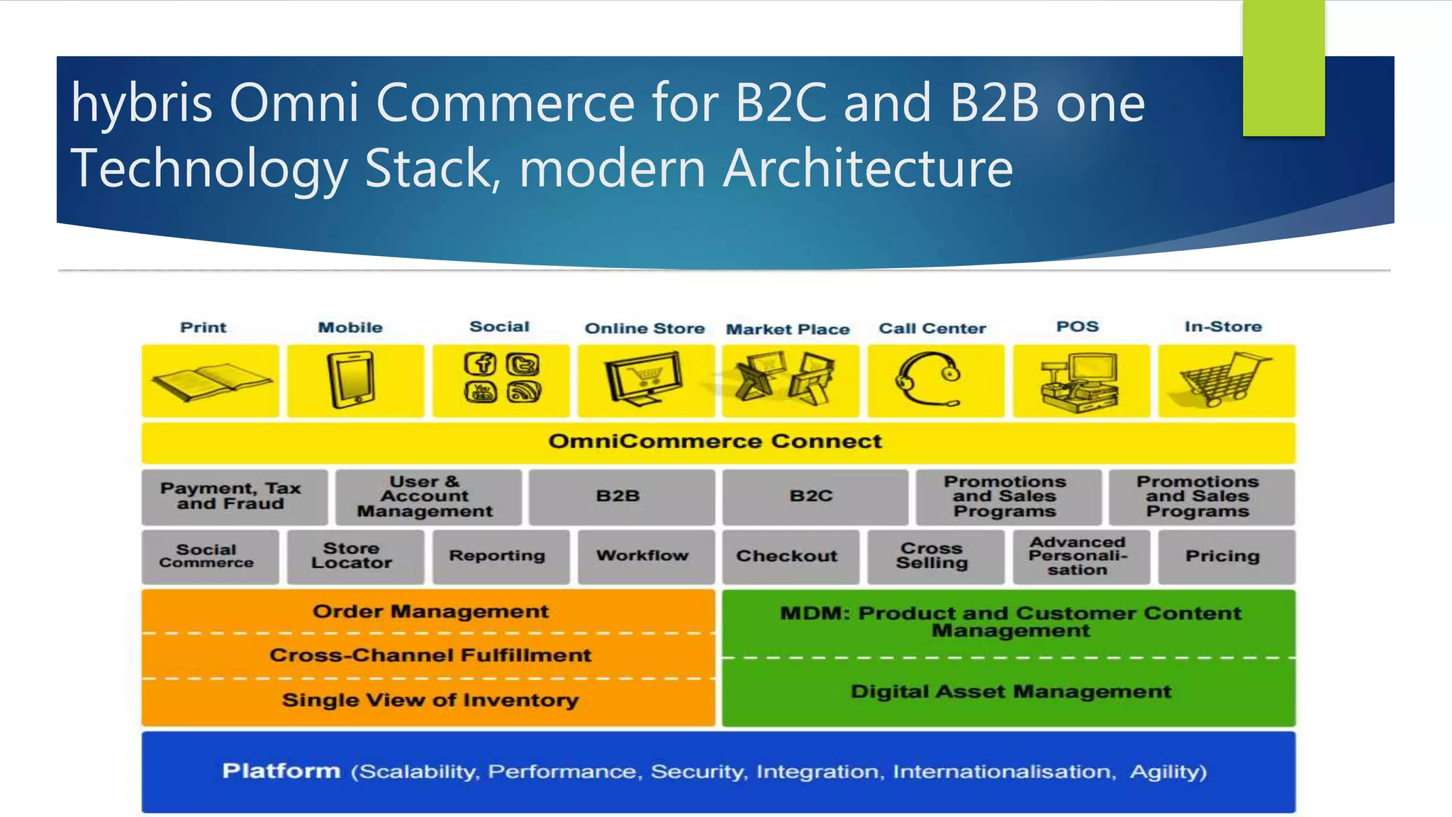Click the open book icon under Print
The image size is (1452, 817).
click(x=210, y=382)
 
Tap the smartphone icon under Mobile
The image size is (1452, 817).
click(x=352, y=382)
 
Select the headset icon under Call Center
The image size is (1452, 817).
click(x=929, y=381)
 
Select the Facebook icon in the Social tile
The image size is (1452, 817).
click(x=480, y=364)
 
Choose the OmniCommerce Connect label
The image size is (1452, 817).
click(x=715, y=442)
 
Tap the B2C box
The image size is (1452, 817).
click(x=812, y=496)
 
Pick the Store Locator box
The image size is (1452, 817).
click(x=352, y=556)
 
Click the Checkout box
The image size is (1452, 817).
click(x=787, y=557)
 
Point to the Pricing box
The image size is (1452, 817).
click(x=1222, y=557)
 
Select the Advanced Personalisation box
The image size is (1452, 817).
click(x=1078, y=557)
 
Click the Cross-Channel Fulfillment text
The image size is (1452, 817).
click(x=430, y=655)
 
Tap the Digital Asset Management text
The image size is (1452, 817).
click(x=1011, y=692)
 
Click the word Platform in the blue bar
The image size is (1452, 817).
click(x=281, y=771)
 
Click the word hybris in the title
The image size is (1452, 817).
click(x=142, y=104)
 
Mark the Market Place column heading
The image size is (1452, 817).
click(x=788, y=330)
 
